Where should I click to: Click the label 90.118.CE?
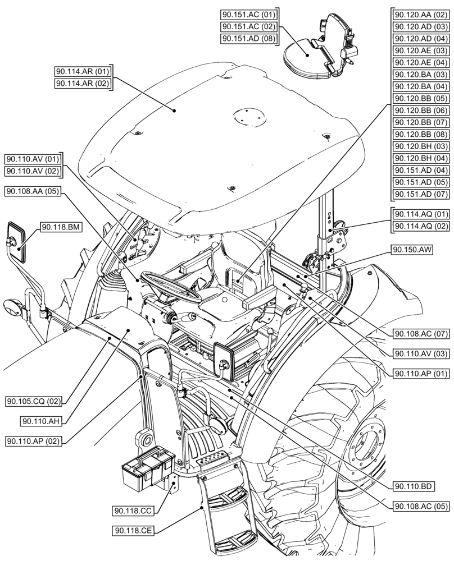(133, 531)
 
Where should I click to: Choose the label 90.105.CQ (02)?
(33, 401)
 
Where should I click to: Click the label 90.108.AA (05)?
(33, 192)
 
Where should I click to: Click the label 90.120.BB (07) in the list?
(420, 122)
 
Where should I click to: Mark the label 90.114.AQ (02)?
(421, 226)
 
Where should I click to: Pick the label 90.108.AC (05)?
(421, 505)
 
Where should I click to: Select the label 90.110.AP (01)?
(421, 373)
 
